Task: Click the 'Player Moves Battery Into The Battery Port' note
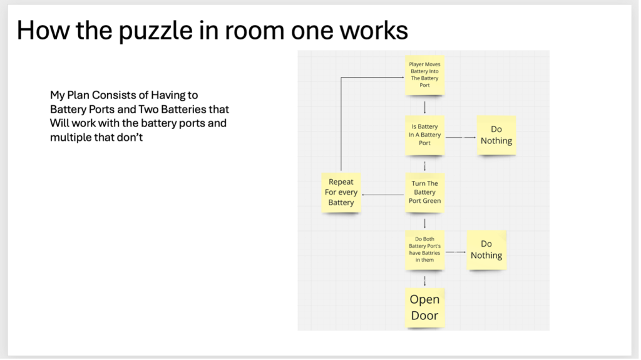(x=424, y=75)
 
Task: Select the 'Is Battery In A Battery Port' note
(x=425, y=135)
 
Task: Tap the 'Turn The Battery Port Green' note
(x=425, y=192)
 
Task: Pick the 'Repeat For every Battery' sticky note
(x=341, y=192)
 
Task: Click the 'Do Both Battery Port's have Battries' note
(x=424, y=249)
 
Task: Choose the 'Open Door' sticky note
(x=424, y=307)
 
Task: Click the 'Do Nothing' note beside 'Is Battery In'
(x=496, y=135)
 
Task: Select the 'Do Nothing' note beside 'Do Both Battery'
(x=486, y=250)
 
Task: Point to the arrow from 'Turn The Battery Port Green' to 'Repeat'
(x=384, y=195)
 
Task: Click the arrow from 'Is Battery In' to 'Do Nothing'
(x=460, y=136)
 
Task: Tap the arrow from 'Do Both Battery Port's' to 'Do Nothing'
(x=455, y=252)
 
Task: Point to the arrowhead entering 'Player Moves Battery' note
(x=401, y=78)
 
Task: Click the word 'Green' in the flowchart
(x=432, y=201)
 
